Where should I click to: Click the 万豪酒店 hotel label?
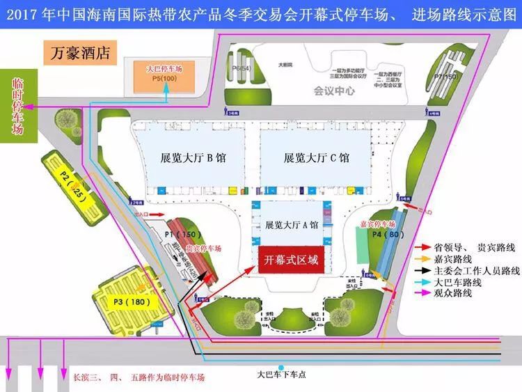[80, 53]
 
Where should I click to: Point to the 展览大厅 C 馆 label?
[317, 157]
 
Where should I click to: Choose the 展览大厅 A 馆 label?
[292, 225]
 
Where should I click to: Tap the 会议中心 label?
[334, 91]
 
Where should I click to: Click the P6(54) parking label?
[246, 68]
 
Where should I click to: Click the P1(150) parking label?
[183, 234]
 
